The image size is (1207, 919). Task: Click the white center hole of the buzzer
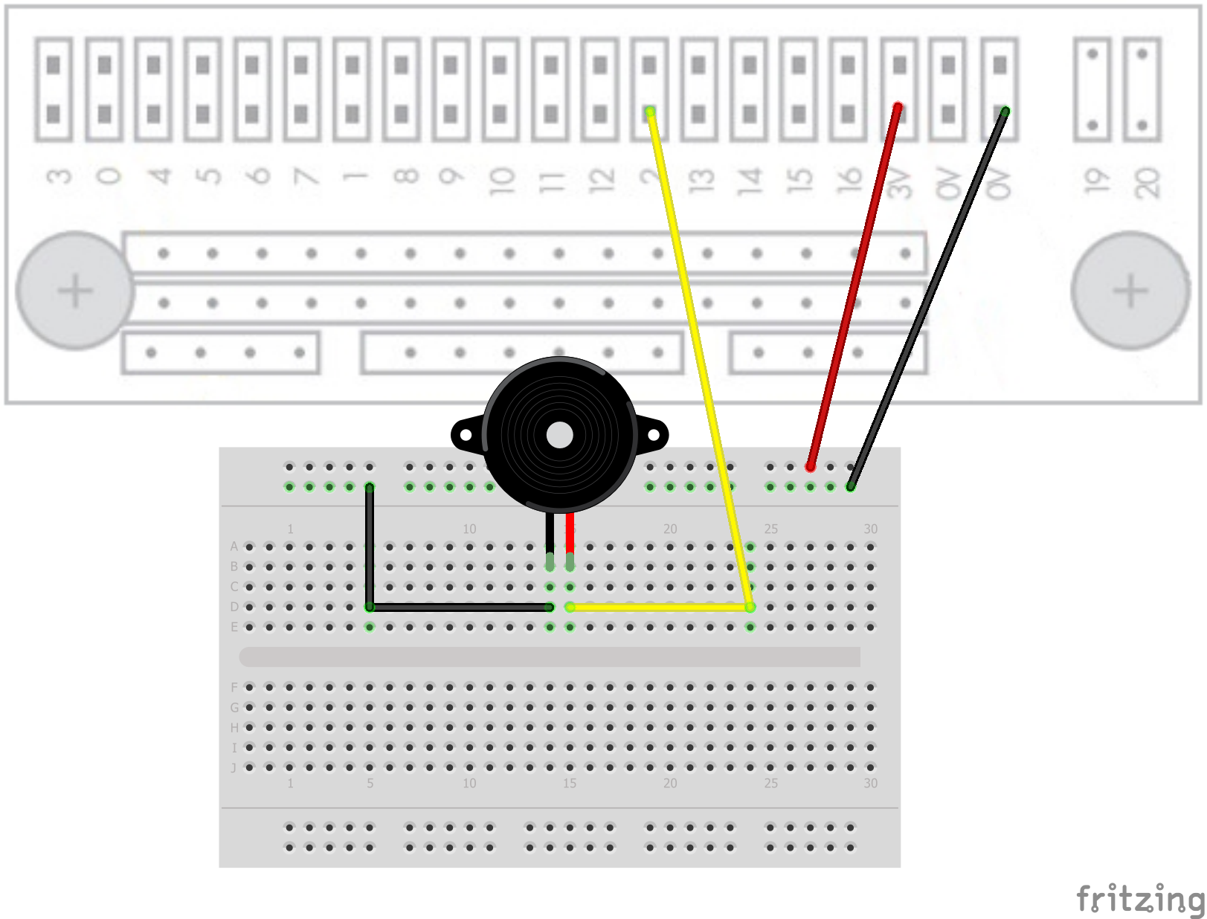coord(559,435)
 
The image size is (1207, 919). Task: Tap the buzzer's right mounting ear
coord(654,434)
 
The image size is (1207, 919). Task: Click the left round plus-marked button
coord(75,291)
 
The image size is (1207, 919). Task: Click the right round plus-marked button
coord(1130,291)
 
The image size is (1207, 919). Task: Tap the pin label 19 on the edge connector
coord(1092,181)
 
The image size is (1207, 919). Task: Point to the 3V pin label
coord(899,182)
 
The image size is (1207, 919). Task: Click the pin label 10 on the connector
coord(501,181)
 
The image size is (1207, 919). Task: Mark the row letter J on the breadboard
coord(234,767)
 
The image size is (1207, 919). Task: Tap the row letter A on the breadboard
coord(234,546)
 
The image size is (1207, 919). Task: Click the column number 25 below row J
coord(770,783)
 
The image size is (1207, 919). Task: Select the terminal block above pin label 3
coord(54,89)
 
